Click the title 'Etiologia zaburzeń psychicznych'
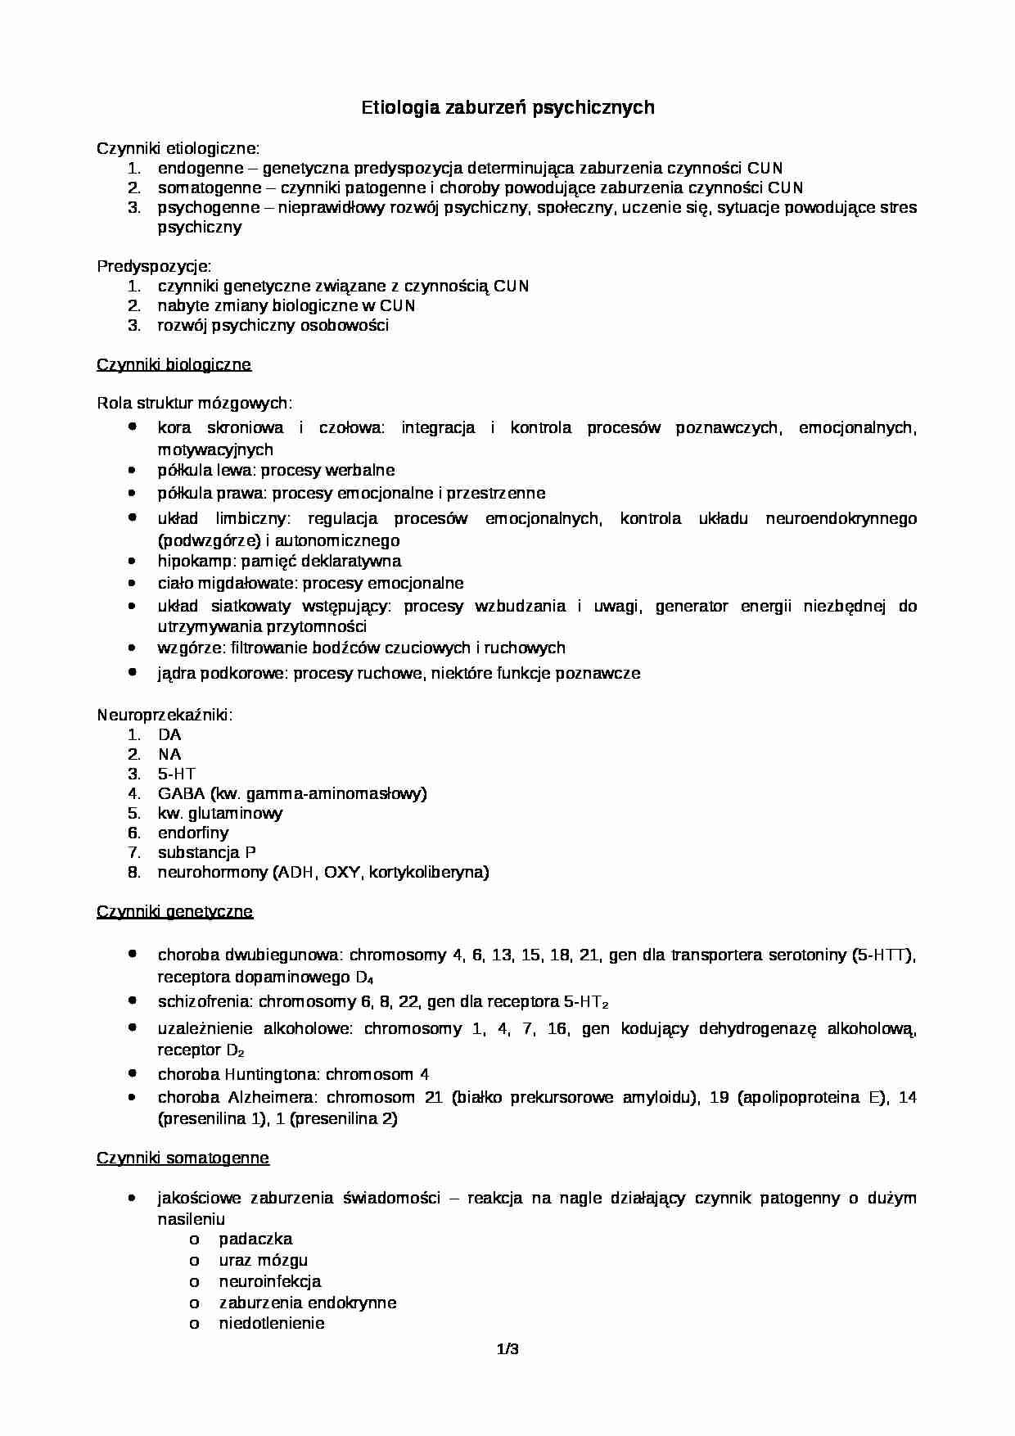[508, 107]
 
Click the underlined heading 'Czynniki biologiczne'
[174, 364]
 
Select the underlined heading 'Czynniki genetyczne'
[174, 911]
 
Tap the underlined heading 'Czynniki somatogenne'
[183, 1158]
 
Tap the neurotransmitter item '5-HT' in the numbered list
[177, 774]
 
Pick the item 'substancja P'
[206, 852]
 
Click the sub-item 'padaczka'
[255, 1239]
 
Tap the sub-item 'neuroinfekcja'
[269, 1281]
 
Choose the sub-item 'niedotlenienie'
[271, 1323]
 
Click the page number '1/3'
[508, 1349]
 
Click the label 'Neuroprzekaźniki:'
[165, 715]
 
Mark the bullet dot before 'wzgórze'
[133, 647]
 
